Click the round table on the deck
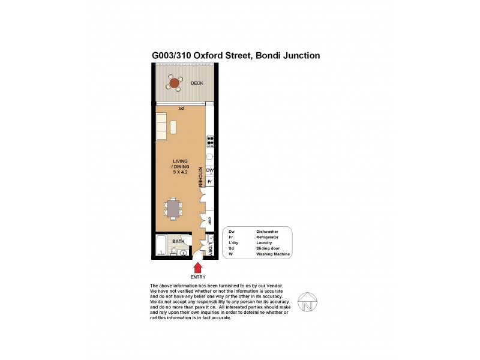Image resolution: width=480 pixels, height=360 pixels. (x=175, y=83)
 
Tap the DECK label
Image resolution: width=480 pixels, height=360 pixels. (x=197, y=83)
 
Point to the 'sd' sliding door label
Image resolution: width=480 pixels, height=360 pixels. (x=181, y=109)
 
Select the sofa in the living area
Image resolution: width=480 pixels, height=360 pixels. (x=161, y=127)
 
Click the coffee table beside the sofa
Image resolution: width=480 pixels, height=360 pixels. (x=173, y=127)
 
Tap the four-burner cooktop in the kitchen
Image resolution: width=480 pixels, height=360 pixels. (x=211, y=142)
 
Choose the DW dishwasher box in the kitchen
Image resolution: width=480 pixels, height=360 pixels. (x=210, y=171)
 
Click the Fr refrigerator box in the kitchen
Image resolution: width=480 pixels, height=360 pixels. (x=210, y=181)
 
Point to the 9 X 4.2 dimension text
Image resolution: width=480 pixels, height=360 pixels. (x=180, y=172)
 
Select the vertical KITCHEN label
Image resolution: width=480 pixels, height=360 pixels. (x=200, y=176)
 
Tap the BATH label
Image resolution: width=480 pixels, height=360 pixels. (x=178, y=241)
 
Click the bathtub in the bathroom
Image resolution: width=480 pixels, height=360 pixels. (x=161, y=246)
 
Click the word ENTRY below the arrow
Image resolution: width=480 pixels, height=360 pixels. (x=198, y=277)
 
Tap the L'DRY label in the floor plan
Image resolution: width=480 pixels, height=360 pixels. (x=211, y=247)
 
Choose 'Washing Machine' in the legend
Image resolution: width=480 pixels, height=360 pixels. (x=273, y=254)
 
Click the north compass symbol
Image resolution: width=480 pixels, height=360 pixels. (x=307, y=302)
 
